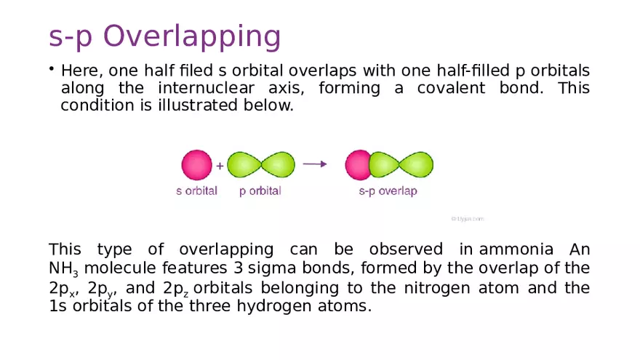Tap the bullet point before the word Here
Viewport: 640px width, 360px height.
pyautogui.click(x=52, y=69)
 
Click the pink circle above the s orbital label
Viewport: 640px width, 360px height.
pyautogui.click(x=196, y=164)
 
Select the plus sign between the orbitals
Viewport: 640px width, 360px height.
pyautogui.click(x=220, y=165)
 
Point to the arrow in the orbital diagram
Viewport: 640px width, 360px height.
pyautogui.click(x=314, y=164)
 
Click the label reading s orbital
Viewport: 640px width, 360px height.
pyautogui.click(x=196, y=191)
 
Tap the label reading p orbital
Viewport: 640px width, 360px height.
pyautogui.click(x=260, y=191)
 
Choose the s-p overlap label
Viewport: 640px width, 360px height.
pyautogui.click(x=388, y=191)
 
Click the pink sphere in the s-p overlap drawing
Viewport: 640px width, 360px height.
pyautogui.click(x=357, y=164)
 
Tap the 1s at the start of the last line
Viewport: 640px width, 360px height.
pyautogui.click(x=58, y=305)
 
